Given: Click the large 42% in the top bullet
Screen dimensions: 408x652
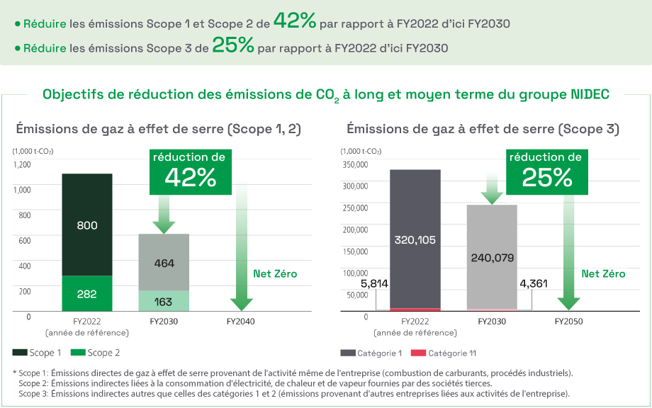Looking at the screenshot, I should tap(294, 21).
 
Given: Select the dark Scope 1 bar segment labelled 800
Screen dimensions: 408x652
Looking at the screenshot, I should tap(86, 225).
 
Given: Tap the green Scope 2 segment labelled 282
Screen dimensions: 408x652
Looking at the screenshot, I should tap(86, 293).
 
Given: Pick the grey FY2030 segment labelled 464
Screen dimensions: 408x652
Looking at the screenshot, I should tap(164, 263).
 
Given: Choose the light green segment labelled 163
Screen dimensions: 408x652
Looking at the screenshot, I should tap(164, 301).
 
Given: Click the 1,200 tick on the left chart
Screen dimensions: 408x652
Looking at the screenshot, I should tap(22, 164).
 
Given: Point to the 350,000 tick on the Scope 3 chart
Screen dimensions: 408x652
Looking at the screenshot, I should tap(355, 164).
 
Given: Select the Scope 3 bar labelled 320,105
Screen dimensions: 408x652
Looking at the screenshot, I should tap(415, 239).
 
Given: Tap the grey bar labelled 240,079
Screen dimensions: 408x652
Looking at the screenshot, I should tap(492, 257).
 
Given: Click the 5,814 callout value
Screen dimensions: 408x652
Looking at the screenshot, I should tap(374, 283).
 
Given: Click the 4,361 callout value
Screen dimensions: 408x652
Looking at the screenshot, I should tap(533, 283).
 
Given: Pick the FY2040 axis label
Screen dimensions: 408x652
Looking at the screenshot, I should tap(242, 322).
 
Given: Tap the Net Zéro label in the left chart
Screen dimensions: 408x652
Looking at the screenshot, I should tap(275, 273).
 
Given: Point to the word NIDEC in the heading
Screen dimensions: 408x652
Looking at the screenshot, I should tap(590, 94).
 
